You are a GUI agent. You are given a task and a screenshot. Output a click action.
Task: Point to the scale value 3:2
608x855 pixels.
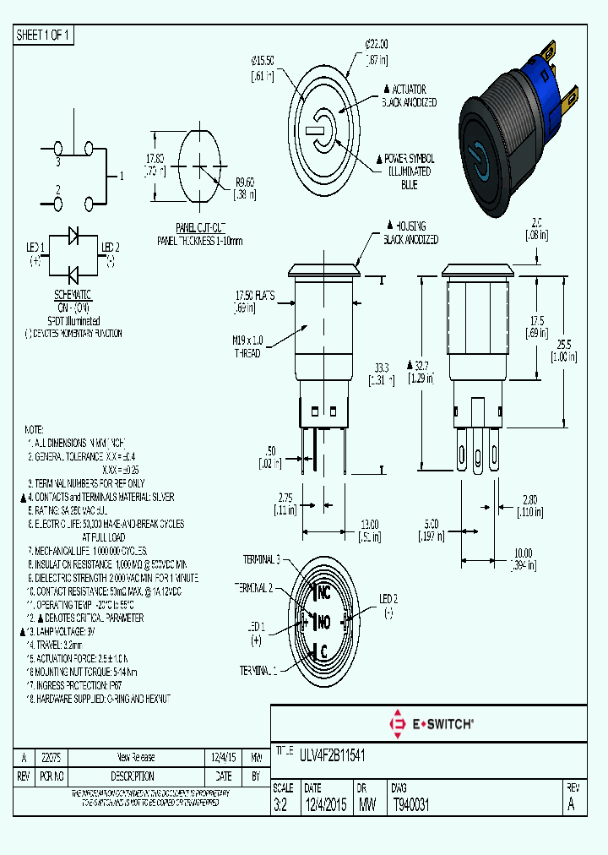point(280,805)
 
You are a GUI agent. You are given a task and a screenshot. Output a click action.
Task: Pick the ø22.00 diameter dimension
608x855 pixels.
point(376,43)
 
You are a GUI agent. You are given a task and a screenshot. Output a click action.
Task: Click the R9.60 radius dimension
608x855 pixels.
point(245,181)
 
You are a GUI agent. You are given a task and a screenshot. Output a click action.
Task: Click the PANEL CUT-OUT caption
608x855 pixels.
point(200,229)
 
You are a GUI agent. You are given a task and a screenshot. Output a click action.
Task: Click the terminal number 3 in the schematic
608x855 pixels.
point(58,160)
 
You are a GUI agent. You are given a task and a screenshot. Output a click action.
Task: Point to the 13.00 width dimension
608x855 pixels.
point(369,523)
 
